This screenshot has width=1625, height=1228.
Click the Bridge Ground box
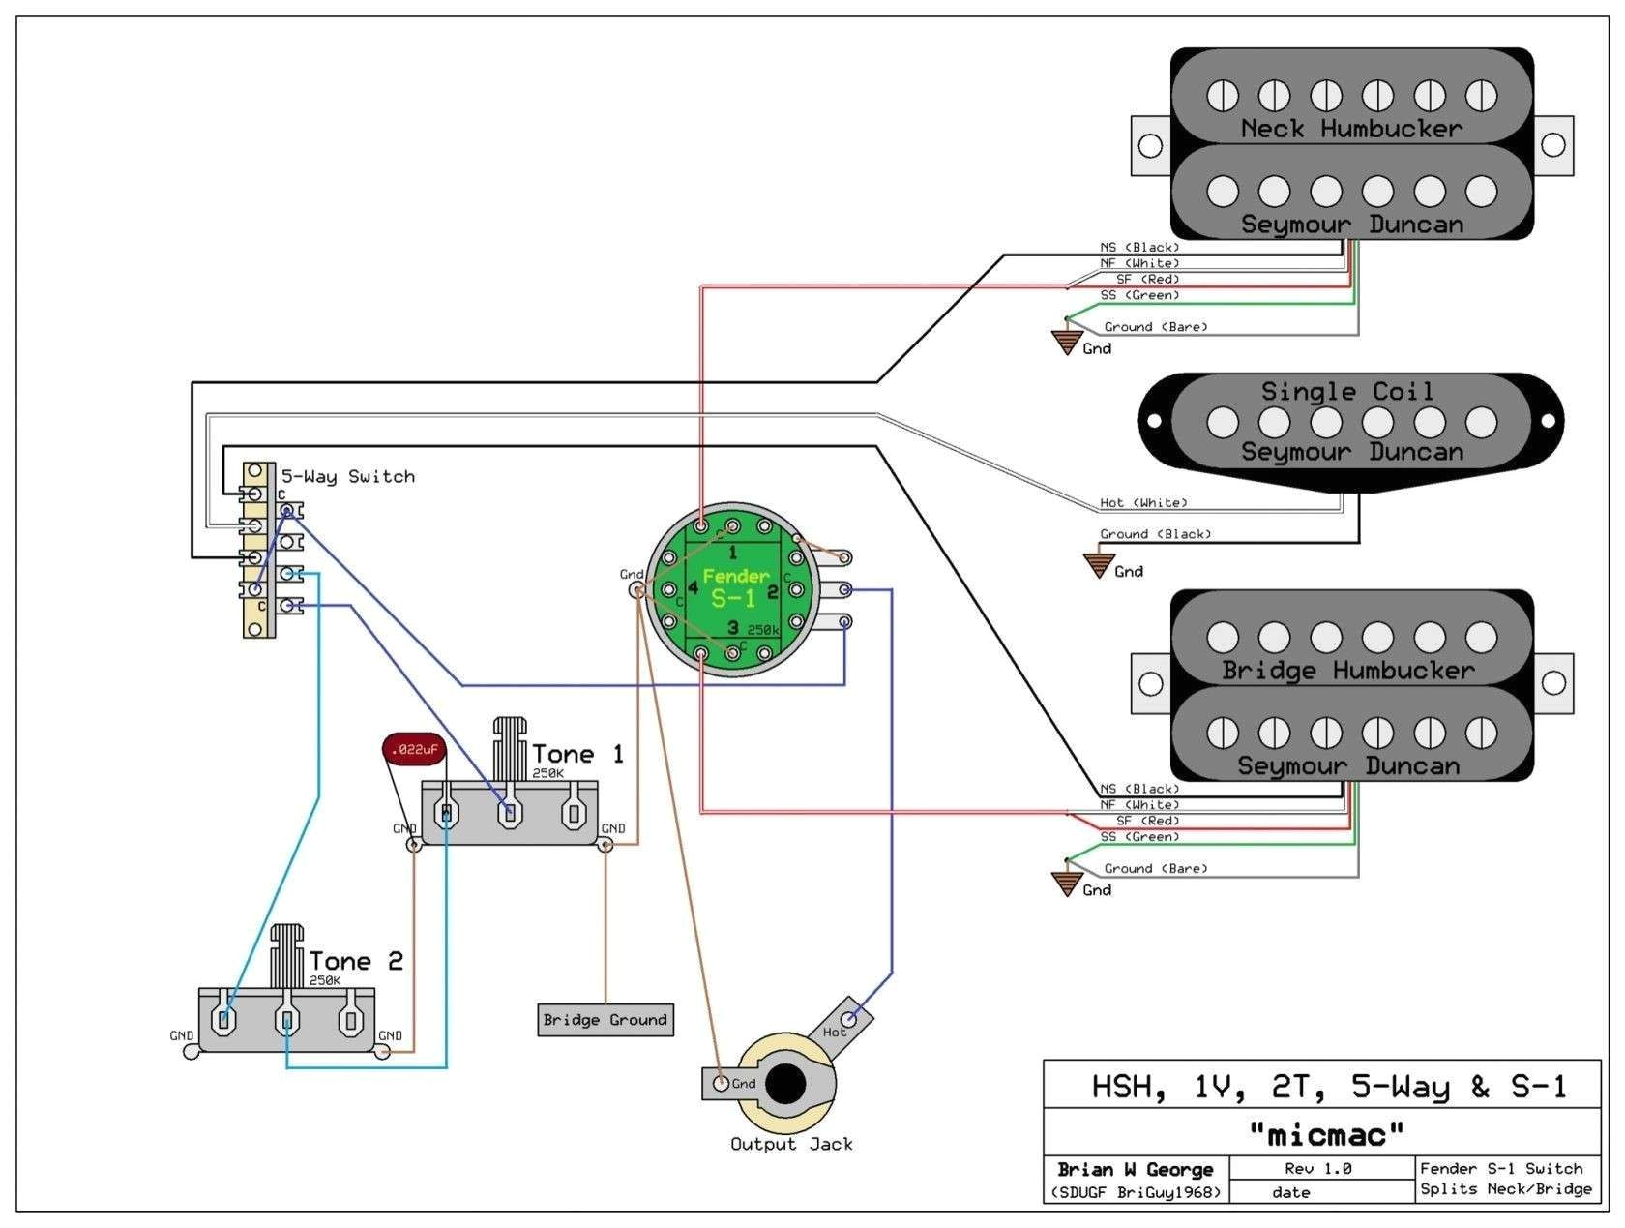[x=606, y=1020]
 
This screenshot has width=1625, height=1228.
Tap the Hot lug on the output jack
[x=850, y=1018]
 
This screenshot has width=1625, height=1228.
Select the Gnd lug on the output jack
[x=721, y=1084]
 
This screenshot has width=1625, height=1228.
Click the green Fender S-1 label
[x=735, y=587]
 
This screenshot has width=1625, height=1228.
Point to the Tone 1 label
[x=577, y=754]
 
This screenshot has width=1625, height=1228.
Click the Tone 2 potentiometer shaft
[x=288, y=953]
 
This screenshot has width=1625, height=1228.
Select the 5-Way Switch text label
[x=347, y=476]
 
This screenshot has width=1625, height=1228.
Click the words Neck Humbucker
[x=1351, y=129]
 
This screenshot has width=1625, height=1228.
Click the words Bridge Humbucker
[x=1347, y=670]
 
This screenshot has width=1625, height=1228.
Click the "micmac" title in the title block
[x=1326, y=1132]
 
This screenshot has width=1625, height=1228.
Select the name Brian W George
[x=1137, y=1169]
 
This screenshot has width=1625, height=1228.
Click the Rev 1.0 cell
[x=1317, y=1169]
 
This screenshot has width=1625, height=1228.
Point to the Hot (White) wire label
[x=1142, y=503]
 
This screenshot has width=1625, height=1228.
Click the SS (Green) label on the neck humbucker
[x=1138, y=295]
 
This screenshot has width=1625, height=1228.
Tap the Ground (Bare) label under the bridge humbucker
[x=1155, y=869]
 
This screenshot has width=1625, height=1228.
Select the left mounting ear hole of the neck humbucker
[x=1150, y=146]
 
